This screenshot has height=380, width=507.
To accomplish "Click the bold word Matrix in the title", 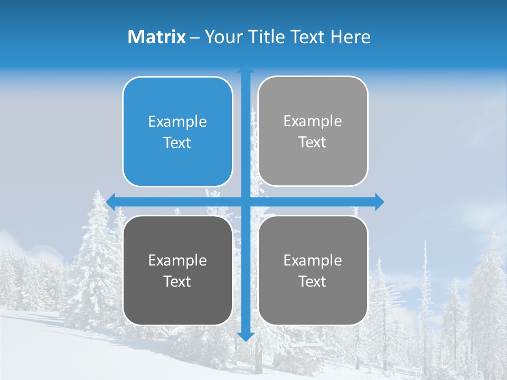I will click(157, 37).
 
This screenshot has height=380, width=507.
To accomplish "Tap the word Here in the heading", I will click(350, 37).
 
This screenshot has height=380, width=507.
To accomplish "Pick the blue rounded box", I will click(177, 131).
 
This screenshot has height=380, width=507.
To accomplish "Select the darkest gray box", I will click(177, 270).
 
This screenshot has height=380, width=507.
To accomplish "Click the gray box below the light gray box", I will click(313, 270).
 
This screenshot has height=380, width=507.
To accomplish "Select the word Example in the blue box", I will click(177, 122).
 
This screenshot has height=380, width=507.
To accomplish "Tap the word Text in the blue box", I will click(177, 142).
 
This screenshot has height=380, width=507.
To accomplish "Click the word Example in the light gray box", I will click(313, 121).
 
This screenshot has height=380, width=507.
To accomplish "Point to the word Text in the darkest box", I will click(177, 281).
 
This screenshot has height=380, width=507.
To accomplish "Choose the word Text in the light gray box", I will click(313, 142).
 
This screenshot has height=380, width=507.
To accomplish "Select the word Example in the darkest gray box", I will click(177, 261).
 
